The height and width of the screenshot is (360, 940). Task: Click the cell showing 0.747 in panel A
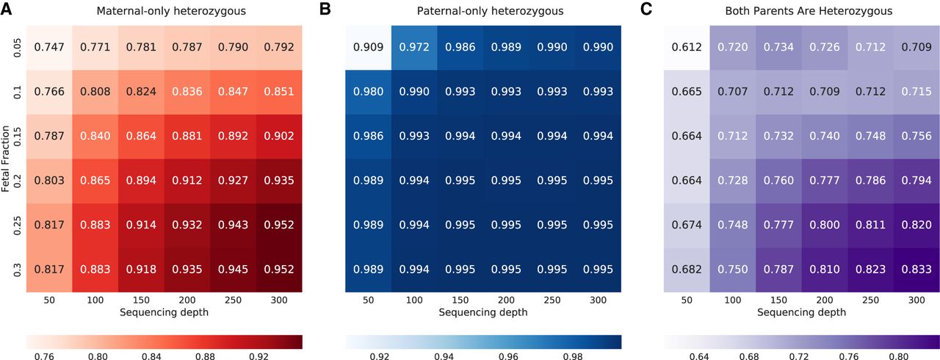click(49, 48)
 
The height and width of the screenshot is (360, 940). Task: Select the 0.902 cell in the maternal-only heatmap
click(279, 137)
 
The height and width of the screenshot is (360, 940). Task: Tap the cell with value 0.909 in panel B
click(368, 48)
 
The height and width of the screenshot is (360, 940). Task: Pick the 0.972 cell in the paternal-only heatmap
click(414, 48)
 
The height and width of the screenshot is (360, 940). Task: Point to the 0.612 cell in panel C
click(687, 48)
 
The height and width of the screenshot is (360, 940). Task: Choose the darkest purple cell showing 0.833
click(916, 270)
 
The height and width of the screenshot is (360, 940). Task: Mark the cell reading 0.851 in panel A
click(279, 92)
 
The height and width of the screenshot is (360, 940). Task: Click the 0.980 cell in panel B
click(368, 92)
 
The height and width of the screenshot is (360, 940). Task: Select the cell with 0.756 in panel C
click(916, 137)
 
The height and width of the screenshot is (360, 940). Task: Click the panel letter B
click(325, 9)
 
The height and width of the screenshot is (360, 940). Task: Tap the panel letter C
click(646, 9)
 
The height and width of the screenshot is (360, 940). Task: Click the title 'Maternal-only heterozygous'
click(171, 11)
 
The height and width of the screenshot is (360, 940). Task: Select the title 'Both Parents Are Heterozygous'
click(809, 11)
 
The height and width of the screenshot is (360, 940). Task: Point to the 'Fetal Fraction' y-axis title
click(5, 159)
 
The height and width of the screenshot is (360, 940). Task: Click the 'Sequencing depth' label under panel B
click(483, 312)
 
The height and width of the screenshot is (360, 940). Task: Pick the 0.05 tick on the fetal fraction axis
click(17, 48)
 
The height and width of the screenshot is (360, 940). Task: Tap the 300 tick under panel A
click(279, 300)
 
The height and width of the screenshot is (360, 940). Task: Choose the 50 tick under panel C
click(687, 300)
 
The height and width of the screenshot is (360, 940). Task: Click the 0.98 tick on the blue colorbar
click(573, 356)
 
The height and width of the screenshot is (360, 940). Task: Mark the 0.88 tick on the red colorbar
click(205, 356)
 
